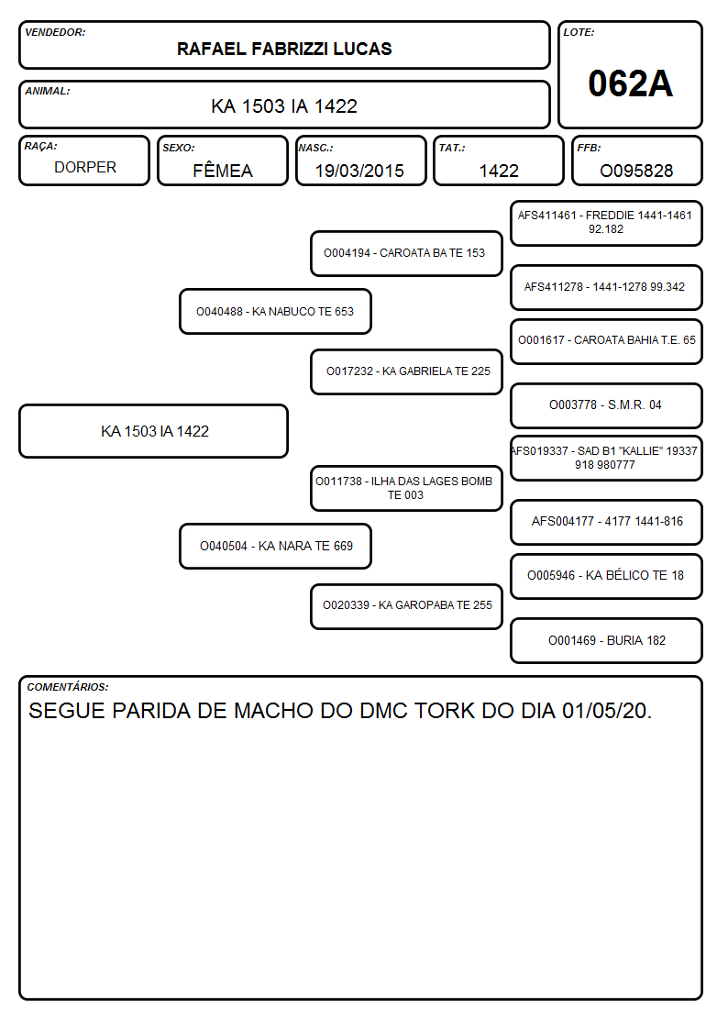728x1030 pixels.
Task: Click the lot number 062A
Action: tap(630, 83)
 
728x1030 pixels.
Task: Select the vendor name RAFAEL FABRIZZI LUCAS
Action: tap(284, 49)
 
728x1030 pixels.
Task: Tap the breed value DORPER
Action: tap(85, 168)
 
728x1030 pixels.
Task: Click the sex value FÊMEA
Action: tap(223, 170)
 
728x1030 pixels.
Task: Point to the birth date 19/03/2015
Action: tap(359, 171)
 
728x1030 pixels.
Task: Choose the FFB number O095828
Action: tap(636, 171)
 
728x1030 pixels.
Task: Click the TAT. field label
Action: tap(452, 148)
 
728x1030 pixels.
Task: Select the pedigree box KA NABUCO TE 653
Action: tap(276, 311)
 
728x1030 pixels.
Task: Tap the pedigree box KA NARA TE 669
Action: tap(276, 546)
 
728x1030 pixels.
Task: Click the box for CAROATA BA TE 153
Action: tap(406, 253)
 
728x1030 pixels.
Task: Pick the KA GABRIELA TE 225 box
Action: tap(406, 371)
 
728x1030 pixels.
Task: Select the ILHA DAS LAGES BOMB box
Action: tap(406, 488)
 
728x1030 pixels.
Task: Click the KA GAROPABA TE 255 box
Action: tap(406, 606)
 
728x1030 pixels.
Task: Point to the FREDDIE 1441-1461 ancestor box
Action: tap(607, 224)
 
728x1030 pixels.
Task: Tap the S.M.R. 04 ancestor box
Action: tap(607, 405)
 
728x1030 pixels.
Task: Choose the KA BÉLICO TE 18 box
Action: tap(607, 576)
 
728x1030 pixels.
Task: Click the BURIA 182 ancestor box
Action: tap(607, 640)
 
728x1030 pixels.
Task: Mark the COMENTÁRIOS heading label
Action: tap(68, 687)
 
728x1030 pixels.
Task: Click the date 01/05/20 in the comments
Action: tap(607, 711)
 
